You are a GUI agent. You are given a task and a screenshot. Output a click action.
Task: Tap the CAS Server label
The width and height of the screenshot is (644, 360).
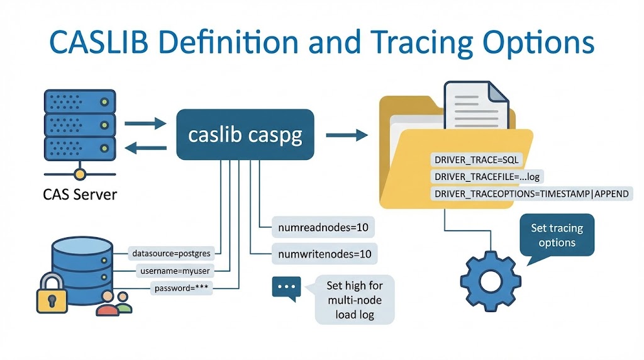point(80,194)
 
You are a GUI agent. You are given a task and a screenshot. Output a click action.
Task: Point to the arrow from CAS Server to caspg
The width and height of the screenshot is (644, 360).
point(145,123)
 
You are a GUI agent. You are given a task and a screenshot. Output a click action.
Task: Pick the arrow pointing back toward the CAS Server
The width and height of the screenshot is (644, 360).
point(145,149)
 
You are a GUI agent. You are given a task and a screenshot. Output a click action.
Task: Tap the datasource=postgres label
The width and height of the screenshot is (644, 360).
point(173,254)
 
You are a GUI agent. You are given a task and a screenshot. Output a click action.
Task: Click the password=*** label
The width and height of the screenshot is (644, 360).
point(182,289)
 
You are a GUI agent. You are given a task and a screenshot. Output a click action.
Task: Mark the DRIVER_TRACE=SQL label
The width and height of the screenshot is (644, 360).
point(474,160)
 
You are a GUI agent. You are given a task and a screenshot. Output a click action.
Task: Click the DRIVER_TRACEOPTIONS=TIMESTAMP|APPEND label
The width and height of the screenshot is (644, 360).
point(531,194)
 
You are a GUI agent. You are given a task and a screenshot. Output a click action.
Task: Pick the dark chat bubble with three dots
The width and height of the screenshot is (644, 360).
point(286,287)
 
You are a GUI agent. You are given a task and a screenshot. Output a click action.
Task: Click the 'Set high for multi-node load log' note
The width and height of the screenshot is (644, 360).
point(354,300)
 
